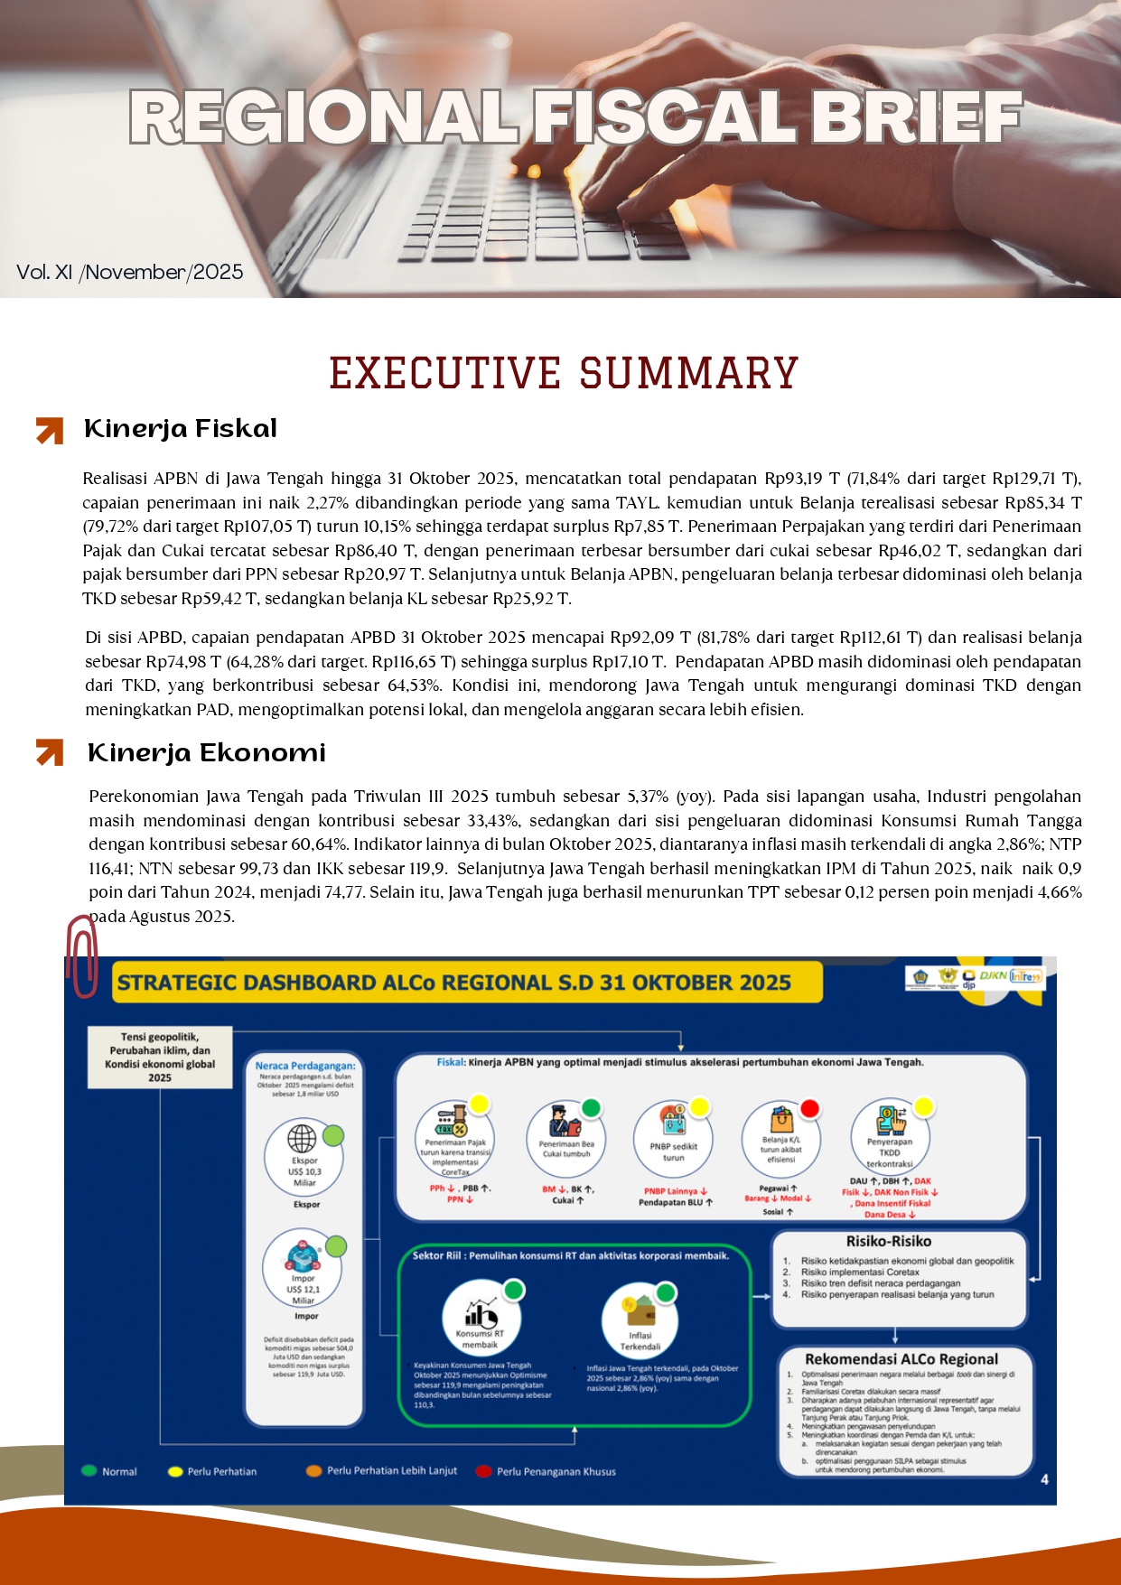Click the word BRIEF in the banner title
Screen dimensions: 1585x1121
pos(916,117)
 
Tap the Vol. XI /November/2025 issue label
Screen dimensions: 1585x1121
pos(130,272)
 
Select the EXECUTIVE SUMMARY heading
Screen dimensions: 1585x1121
pos(564,373)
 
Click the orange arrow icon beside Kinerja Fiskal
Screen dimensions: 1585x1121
pos(50,431)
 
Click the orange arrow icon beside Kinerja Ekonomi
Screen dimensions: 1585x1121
pos(50,752)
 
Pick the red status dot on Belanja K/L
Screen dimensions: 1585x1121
pos(809,1108)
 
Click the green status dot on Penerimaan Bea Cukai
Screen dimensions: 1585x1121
pos(591,1107)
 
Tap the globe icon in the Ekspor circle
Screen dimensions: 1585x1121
pos(302,1139)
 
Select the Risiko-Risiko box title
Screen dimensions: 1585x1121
pos(889,1241)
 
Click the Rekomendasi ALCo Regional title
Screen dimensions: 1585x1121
pos(901,1358)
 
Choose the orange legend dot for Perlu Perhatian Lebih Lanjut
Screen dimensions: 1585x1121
pos(314,1471)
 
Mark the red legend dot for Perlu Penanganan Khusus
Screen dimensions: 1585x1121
pos(483,1471)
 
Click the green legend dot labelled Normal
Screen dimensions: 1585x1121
pos(89,1470)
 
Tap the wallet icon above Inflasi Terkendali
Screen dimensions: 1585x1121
pos(640,1310)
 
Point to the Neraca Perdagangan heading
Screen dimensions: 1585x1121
pos(305,1066)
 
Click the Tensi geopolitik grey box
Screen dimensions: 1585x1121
pos(160,1057)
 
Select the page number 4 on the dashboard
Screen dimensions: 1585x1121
pos(1044,1478)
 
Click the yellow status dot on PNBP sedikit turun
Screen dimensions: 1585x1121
pos(699,1107)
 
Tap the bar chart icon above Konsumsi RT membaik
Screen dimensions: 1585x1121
pos(480,1310)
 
